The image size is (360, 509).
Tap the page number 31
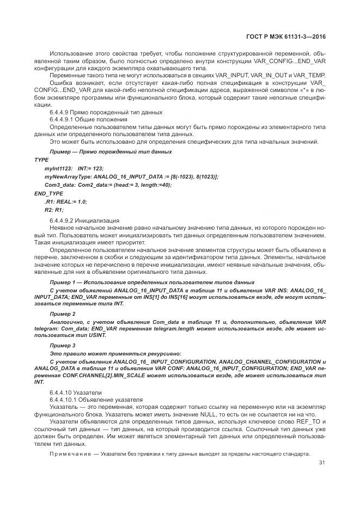pos(321,463)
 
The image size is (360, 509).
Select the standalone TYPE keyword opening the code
pos(41,160)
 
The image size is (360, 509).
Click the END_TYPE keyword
pos(48,193)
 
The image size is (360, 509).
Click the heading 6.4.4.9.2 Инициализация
pos(84,220)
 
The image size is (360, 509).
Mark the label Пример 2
pos(63,314)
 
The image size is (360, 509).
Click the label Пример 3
pos(63,346)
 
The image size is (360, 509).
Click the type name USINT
pos(95,335)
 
